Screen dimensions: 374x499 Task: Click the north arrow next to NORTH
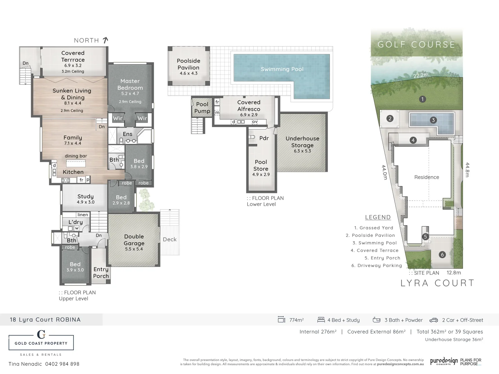coord(105,40)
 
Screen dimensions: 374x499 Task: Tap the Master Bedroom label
coord(130,84)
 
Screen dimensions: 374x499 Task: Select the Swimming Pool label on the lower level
coord(282,69)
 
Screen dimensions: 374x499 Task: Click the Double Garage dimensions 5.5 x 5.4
coord(134,249)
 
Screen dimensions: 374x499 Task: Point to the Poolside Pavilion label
coord(189,64)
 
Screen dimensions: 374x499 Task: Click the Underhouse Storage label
coord(302,142)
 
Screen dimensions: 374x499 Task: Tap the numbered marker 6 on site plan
coord(442,255)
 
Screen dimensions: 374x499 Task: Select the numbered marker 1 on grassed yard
coord(422,99)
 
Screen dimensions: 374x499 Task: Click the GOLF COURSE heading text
coord(416,45)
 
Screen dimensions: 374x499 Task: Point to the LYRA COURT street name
coord(437,283)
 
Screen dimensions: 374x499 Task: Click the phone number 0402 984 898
coord(62,364)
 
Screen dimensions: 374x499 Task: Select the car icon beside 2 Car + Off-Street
coord(434,320)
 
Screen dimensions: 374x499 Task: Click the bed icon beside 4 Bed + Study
coord(321,320)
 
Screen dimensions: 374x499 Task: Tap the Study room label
coord(85,196)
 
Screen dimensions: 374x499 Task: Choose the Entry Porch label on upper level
coord(101,273)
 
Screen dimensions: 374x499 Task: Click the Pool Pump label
coord(202,107)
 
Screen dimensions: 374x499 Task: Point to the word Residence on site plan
coord(427,177)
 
